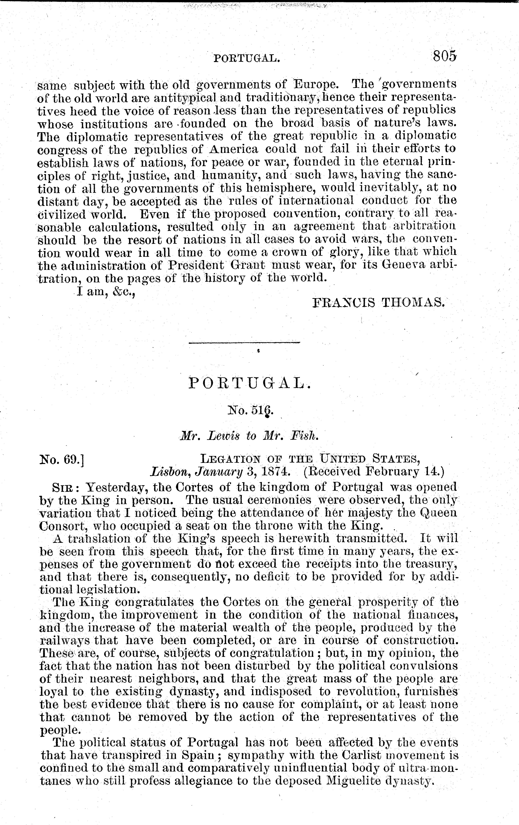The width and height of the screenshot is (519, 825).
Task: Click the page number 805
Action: pyautogui.click(x=444, y=55)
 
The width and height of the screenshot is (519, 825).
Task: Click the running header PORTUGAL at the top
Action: pyautogui.click(x=247, y=58)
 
